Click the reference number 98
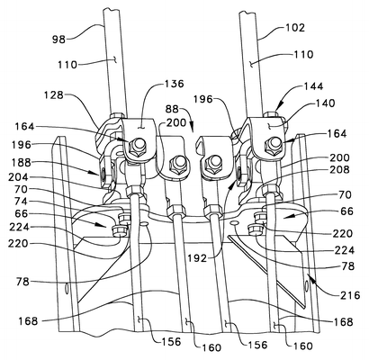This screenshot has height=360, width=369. [58, 39]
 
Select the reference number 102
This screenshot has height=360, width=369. [293, 28]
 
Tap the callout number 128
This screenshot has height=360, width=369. [54, 95]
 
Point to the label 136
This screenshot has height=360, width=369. [173, 84]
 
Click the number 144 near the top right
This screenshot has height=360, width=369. [312, 86]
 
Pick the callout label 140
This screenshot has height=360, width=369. [324, 103]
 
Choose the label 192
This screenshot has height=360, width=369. [196, 258]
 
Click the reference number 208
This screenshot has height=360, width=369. [339, 169]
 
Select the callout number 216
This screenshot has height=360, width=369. [350, 295]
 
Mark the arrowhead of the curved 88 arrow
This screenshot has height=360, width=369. [192, 126]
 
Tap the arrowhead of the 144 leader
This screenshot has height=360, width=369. [277, 109]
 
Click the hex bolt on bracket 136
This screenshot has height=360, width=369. [136, 146]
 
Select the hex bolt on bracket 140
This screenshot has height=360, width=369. [273, 145]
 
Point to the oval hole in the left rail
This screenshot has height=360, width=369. [67, 288]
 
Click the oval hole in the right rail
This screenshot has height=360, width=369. [306, 286]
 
